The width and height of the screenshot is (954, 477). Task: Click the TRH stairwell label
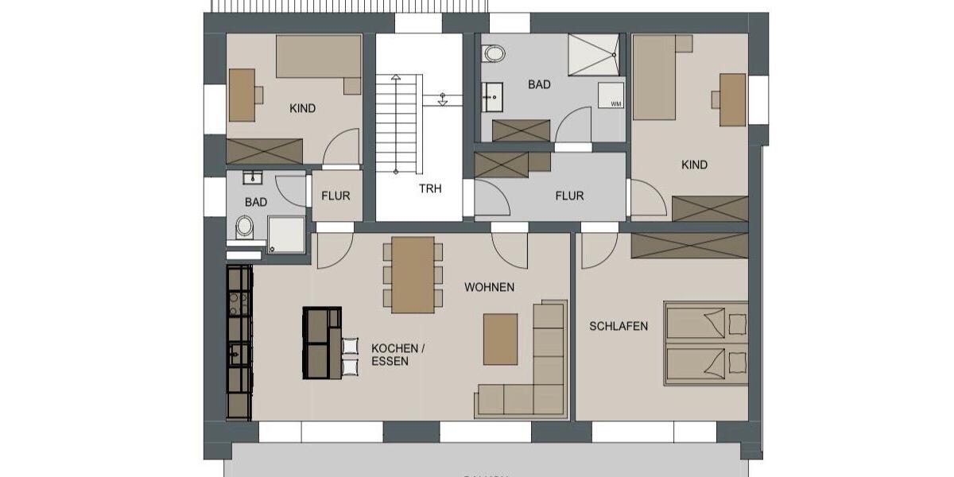coord(430,189)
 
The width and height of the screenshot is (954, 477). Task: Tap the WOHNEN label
coord(489,287)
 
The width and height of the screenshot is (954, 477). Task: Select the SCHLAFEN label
coord(619,326)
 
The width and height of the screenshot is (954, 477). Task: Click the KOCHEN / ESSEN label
coord(398,355)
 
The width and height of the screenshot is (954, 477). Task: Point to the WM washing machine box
coord(616,103)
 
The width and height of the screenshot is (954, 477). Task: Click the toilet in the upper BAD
coord(494,54)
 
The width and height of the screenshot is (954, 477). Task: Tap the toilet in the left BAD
coord(244,229)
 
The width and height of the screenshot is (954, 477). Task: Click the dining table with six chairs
coord(413,274)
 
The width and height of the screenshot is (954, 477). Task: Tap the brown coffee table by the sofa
coord(500,339)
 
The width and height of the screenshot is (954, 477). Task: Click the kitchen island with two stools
coord(322,343)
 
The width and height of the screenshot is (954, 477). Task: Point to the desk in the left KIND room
coord(242,95)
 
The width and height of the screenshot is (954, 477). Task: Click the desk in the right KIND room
coord(732,99)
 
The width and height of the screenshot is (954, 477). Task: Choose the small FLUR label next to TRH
coord(335,196)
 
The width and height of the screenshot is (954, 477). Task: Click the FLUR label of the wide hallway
coord(569,196)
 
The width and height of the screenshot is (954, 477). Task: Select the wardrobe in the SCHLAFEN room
coord(689,246)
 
